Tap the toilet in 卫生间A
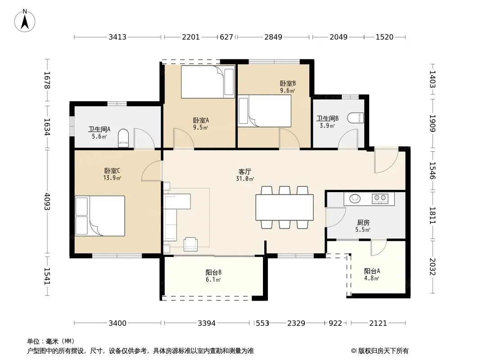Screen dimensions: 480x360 (123, 138)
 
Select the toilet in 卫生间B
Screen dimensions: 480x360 (356, 118)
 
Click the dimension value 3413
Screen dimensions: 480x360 (118, 37)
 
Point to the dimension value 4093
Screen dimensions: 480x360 (47, 201)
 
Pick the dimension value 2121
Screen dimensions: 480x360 (378, 323)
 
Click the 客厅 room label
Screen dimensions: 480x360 (245, 171)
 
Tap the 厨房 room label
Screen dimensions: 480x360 (363, 222)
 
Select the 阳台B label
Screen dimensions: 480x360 (213, 272)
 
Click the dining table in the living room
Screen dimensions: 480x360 (285, 207)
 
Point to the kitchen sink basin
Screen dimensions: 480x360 (355, 198)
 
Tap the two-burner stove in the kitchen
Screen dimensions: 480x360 (380, 198)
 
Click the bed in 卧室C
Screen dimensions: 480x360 (100, 216)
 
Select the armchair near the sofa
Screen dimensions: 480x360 (190, 243)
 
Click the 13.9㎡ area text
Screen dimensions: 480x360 (112, 178)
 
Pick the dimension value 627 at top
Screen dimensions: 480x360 (226, 37)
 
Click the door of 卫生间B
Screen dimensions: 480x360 (348, 139)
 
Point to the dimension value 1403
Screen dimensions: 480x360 (432, 79)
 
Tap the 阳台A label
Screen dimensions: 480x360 (372, 271)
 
